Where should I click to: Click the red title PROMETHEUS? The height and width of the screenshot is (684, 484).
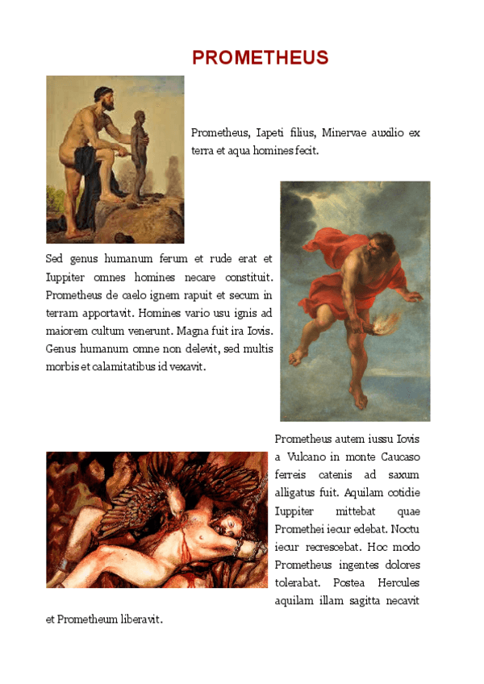(x=260, y=58)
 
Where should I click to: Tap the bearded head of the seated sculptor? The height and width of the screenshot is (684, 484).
(x=103, y=98)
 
